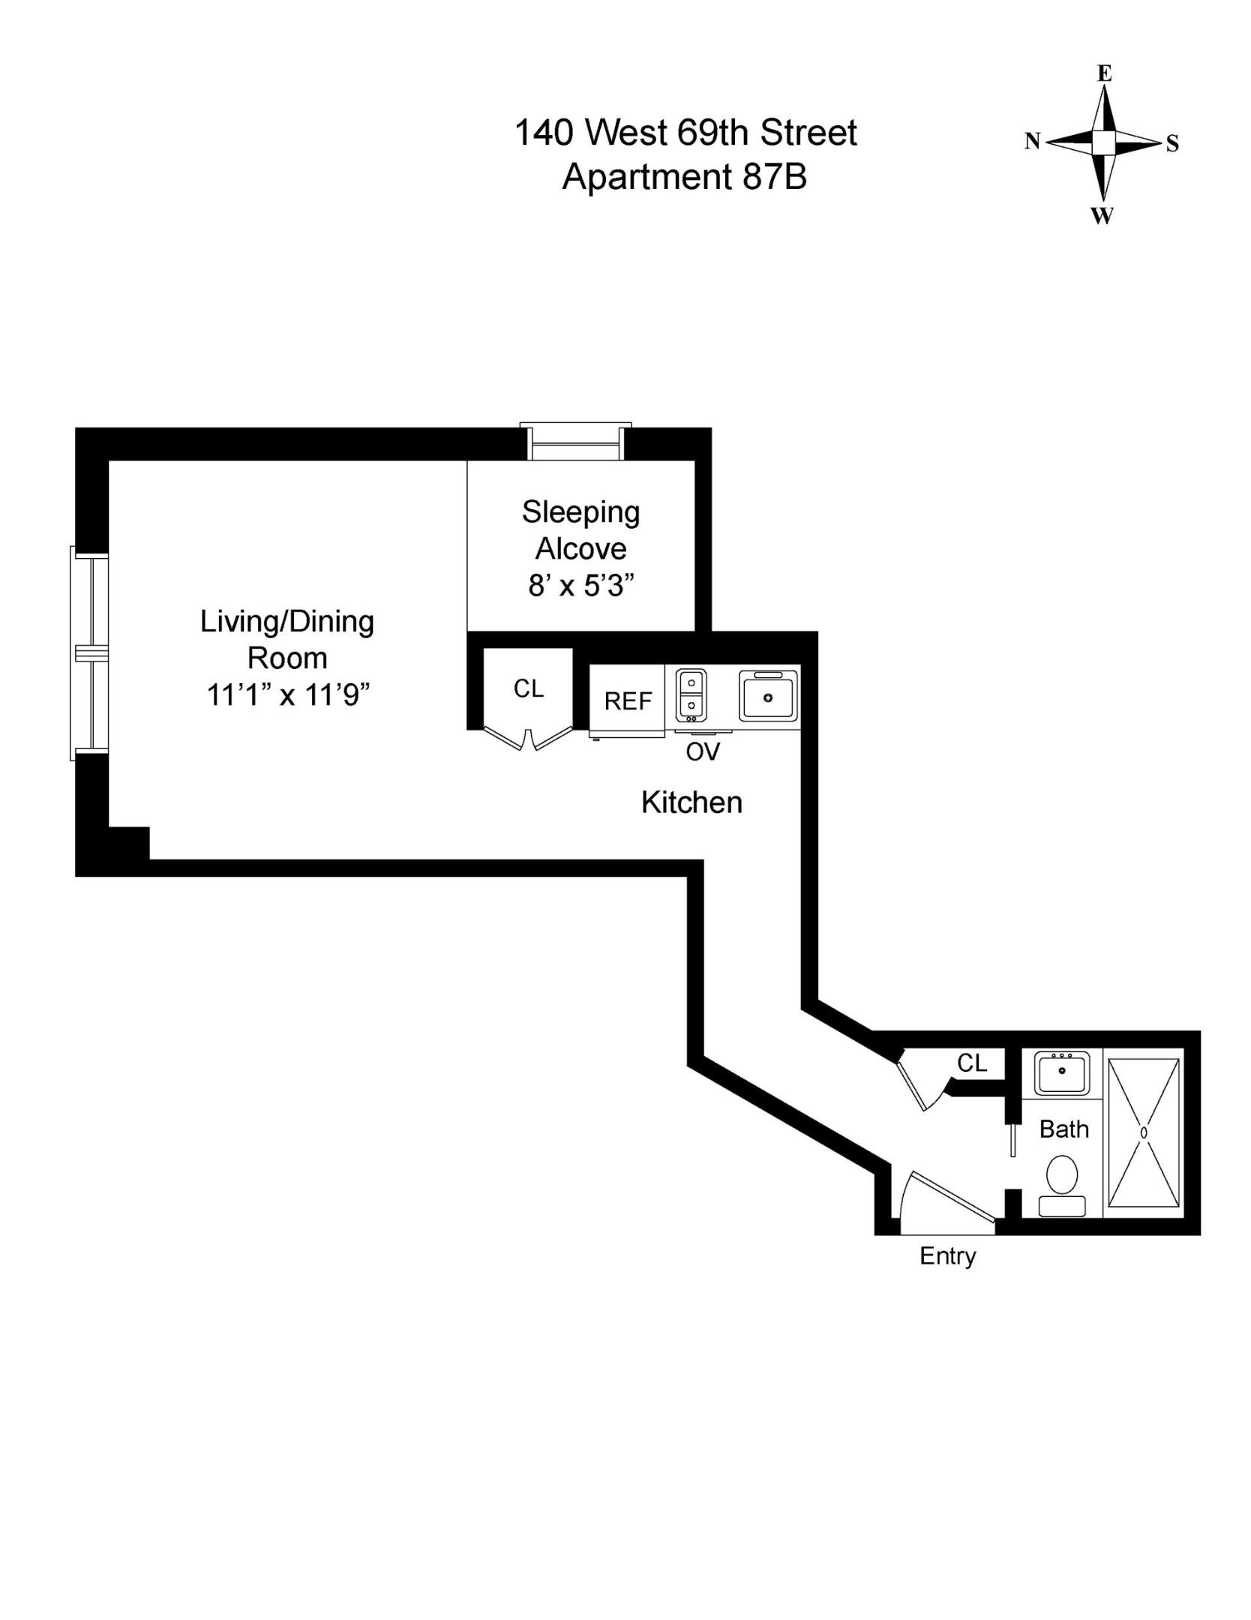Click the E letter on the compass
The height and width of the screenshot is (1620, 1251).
(x=1104, y=73)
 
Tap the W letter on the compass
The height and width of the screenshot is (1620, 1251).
(x=1102, y=216)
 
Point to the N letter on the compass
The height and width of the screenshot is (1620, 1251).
(x=1033, y=141)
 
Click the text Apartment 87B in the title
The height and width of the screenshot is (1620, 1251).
(x=684, y=178)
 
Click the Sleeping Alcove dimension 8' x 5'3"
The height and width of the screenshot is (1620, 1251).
(x=581, y=585)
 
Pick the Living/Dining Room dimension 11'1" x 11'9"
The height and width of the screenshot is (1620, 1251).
(x=289, y=695)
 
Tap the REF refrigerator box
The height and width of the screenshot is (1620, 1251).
(x=628, y=700)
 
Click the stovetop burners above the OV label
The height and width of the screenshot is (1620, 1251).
(x=691, y=694)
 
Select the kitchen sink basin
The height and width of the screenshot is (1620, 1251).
(x=768, y=696)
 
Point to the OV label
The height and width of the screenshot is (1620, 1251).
(x=703, y=751)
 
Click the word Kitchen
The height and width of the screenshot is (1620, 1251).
(x=691, y=802)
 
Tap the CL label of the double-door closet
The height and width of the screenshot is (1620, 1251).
(x=528, y=688)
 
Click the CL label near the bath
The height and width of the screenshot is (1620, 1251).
(x=972, y=1063)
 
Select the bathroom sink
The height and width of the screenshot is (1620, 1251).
(x=1061, y=1072)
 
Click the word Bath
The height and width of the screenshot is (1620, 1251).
(x=1063, y=1129)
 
